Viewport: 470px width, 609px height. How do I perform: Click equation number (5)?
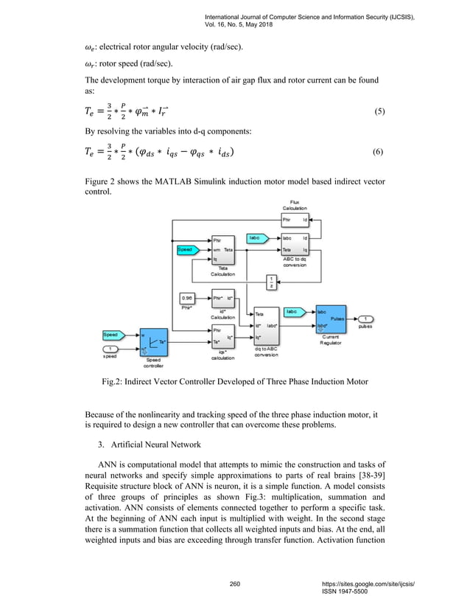(379, 112)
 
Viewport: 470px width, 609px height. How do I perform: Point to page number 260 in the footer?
(235, 584)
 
